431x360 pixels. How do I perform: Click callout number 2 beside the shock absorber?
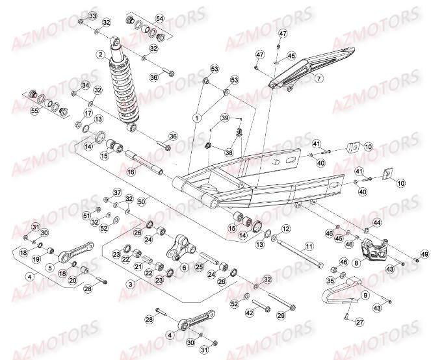click(x=101, y=55)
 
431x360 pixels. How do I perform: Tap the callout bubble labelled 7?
click(x=319, y=79)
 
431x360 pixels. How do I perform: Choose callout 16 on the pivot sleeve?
click(x=130, y=172)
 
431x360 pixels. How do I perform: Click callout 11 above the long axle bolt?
click(x=309, y=246)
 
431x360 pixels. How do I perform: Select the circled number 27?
click(x=361, y=322)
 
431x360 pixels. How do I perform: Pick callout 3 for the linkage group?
click(x=131, y=283)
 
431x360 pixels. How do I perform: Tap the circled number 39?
click(x=225, y=118)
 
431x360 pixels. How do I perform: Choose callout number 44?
click(x=377, y=223)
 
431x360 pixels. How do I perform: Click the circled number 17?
click(x=85, y=114)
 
